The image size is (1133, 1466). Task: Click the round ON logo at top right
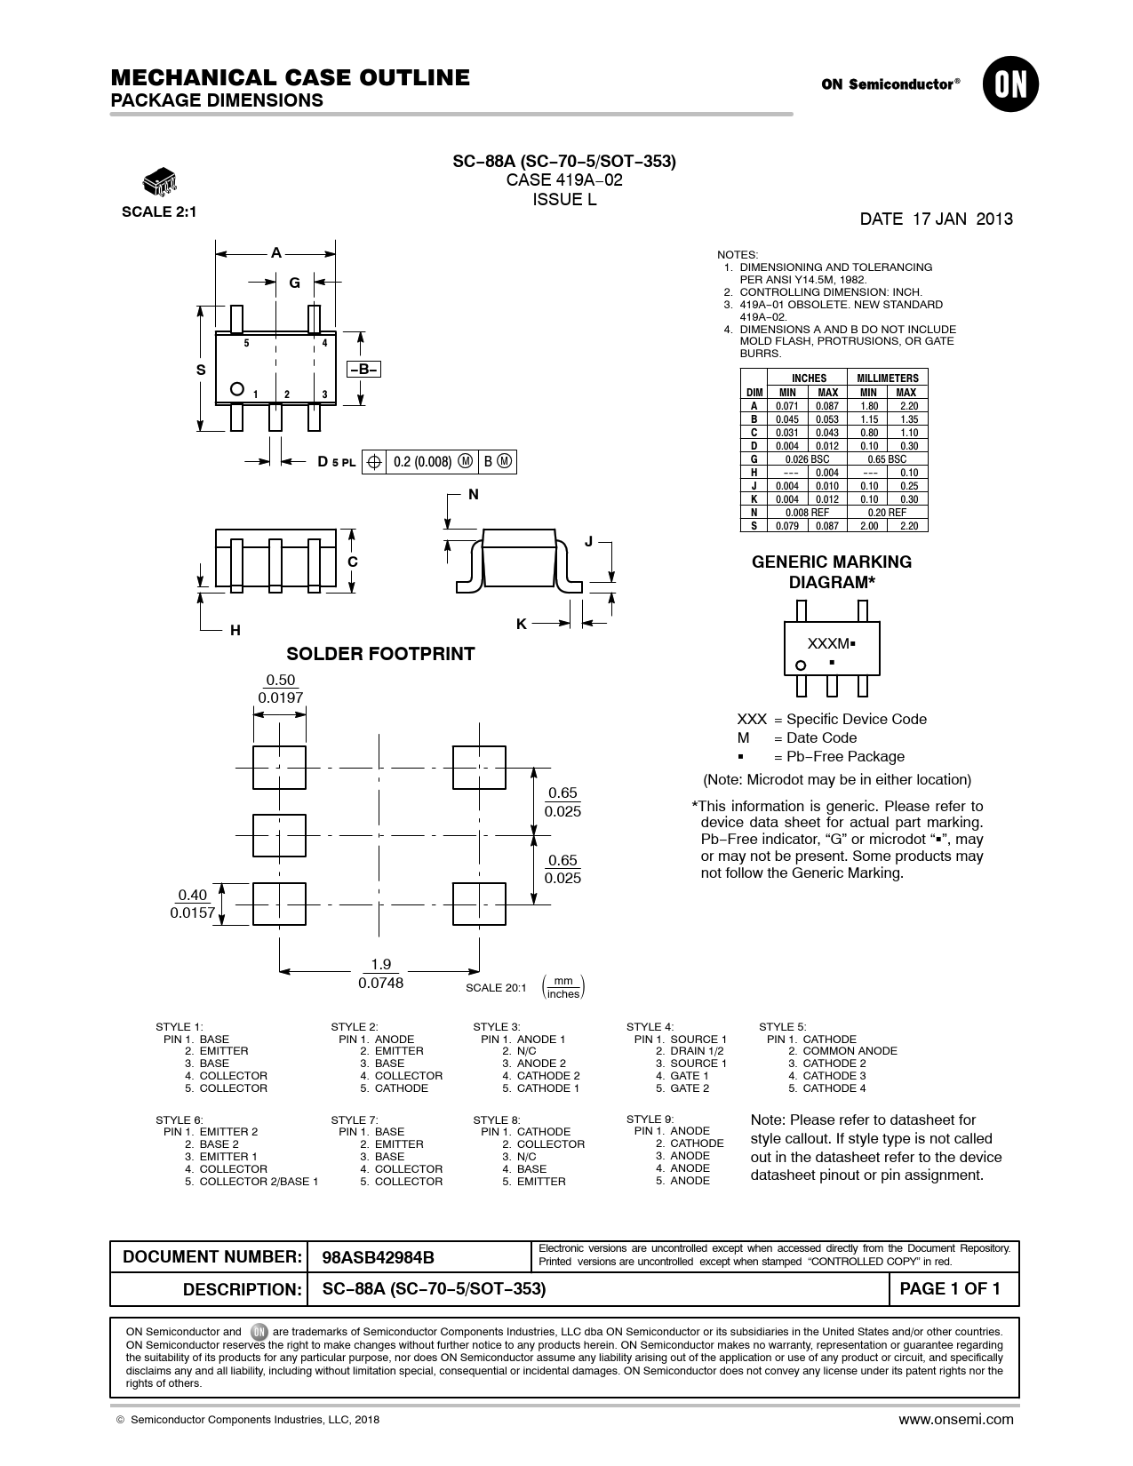coord(1010,84)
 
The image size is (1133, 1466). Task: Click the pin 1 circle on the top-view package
coord(237,388)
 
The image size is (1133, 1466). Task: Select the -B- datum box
coord(363,369)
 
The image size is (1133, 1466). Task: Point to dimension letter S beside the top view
coord(201,370)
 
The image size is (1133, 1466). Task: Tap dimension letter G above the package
coord(295,283)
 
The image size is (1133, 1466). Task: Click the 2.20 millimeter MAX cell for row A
coord(909,406)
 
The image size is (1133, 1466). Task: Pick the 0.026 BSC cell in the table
coord(807,459)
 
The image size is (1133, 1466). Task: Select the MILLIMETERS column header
coord(888,378)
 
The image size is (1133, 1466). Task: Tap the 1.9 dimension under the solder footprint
coord(381,964)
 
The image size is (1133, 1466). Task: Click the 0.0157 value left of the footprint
coord(192,912)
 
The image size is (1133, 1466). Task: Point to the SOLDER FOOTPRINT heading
coord(380,654)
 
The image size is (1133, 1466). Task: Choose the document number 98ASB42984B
coord(378,1257)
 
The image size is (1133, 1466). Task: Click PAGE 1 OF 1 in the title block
coord(950,1288)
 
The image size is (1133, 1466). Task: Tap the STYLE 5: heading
coord(783,1027)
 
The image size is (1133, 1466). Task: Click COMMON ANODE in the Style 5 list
coord(850,1051)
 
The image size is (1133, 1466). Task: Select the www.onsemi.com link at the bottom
coord(956,1420)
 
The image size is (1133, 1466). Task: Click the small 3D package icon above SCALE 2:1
coord(160,180)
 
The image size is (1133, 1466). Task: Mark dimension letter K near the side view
coord(521,624)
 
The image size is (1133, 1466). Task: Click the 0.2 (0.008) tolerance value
coord(422,461)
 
